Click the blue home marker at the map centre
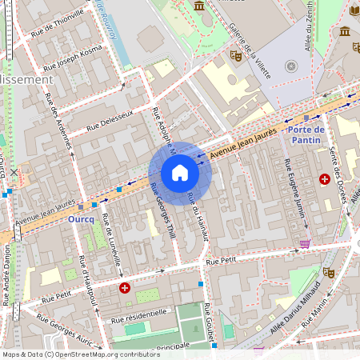pyautogui.click(x=179, y=173)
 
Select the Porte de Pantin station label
pyautogui.click(x=306, y=134)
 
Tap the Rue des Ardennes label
pyautogui.click(x=59, y=123)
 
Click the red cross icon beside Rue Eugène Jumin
pyautogui.click(x=325, y=179)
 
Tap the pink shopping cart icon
pyautogui.click(x=304, y=243)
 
